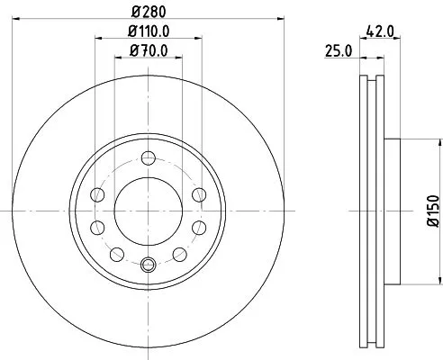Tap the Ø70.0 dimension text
point(149,49)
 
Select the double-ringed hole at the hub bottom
point(149,264)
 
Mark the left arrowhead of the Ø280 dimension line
point(17,21)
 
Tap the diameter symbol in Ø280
point(134,12)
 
